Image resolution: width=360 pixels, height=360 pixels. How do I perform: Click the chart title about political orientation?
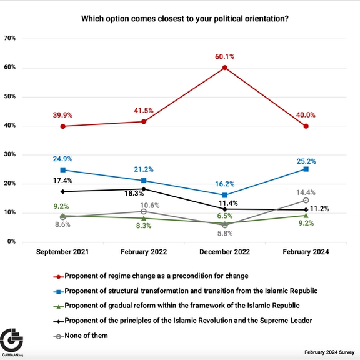pyautogui.click(x=185, y=18)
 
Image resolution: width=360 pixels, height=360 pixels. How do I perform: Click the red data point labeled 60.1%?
pyautogui.click(x=224, y=67)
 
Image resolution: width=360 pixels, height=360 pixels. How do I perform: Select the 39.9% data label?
pyautogui.click(x=62, y=115)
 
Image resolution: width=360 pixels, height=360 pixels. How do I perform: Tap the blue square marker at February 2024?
pyautogui.click(x=306, y=169)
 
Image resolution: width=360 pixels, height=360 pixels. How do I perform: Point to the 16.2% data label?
pyautogui.click(x=224, y=184)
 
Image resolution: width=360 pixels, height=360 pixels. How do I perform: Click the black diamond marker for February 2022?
pyautogui.click(x=144, y=189)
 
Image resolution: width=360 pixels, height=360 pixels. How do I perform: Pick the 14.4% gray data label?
pyautogui.click(x=306, y=192)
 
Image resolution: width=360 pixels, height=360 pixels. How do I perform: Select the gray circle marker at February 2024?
pyautogui.click(x=306, y=201)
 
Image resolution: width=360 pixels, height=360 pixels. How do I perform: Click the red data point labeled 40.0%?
pyautogui.click(x=306, y=126)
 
